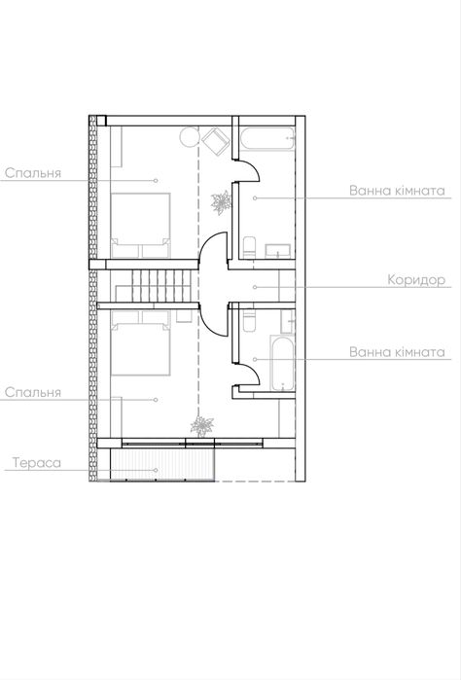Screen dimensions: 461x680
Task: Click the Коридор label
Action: (416, 280)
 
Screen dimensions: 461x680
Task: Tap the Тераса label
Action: (37, 463)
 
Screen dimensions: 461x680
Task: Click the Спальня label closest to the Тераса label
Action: (33, 393)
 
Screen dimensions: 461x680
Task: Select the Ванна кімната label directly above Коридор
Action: (397, 191)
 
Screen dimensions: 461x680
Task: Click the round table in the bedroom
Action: (189, 137)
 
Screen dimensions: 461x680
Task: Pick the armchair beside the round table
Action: (216, 140)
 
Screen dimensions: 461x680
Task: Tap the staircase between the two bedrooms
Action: (153, 286)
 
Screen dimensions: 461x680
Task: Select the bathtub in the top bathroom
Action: (267, 138)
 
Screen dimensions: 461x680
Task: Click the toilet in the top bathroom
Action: (249, 248)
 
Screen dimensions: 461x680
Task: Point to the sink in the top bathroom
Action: (277, 252)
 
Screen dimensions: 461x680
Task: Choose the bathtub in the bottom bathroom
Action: (282, 364)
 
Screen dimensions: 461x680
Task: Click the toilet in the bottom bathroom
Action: (248, 320)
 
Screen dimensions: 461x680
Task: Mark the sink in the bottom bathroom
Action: (287, 321)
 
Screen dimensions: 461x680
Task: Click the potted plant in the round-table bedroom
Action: (221, 202)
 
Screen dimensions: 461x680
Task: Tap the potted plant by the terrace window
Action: (201, 426)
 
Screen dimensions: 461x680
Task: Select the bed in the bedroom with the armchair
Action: (140, 226)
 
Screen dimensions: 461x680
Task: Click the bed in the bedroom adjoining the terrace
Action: (140, 343)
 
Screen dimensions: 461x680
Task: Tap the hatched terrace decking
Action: (162, 464)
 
